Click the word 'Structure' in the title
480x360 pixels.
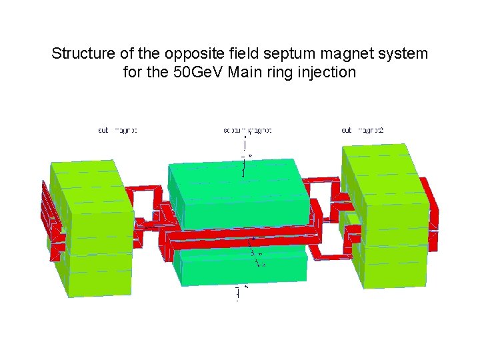(81, 53)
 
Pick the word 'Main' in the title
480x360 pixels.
(245, 72)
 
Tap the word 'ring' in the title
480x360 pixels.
(280, 72)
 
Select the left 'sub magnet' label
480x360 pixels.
(117, 131)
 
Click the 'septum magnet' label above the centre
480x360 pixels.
(247, 131)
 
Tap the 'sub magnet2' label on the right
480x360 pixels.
(363, 131)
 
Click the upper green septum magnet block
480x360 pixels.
(240, 193)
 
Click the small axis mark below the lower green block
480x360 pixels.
(237, 293)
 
